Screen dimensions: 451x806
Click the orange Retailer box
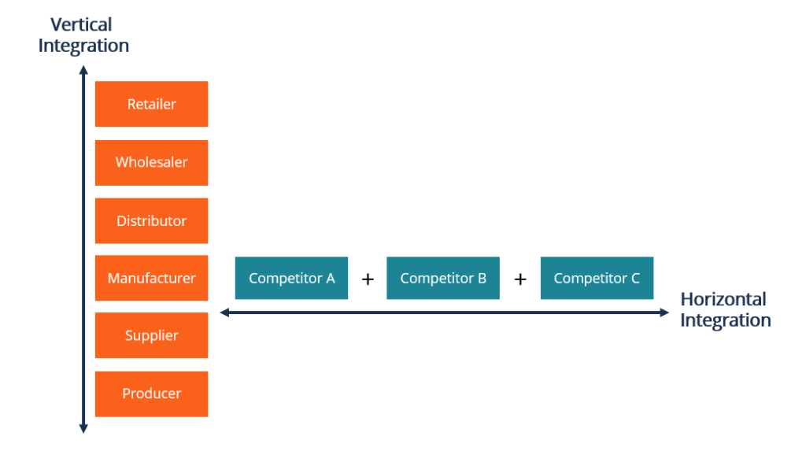coord(151,104)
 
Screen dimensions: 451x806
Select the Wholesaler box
coord(151,162)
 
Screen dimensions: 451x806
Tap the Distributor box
coord(151,220)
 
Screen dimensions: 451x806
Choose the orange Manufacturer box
coord(151,278)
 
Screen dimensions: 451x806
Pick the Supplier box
coord(151,335)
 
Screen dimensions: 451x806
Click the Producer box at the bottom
coord(151,394)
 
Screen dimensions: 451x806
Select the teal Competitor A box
coord(291,278)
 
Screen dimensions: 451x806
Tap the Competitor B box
coord(442,278)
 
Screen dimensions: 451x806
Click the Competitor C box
coord(596,278)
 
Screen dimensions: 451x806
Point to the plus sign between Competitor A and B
coord(368,279)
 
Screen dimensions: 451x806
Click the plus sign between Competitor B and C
coord(520,279)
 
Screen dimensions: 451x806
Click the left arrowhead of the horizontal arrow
coord(224,312)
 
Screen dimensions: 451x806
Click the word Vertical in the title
coord(81,25)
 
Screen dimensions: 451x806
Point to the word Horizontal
coord(723,299)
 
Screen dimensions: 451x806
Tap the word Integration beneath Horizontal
coord(725,320)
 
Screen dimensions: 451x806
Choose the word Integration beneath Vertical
coord(83,46)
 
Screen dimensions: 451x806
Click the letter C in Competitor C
coord(634,279)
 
